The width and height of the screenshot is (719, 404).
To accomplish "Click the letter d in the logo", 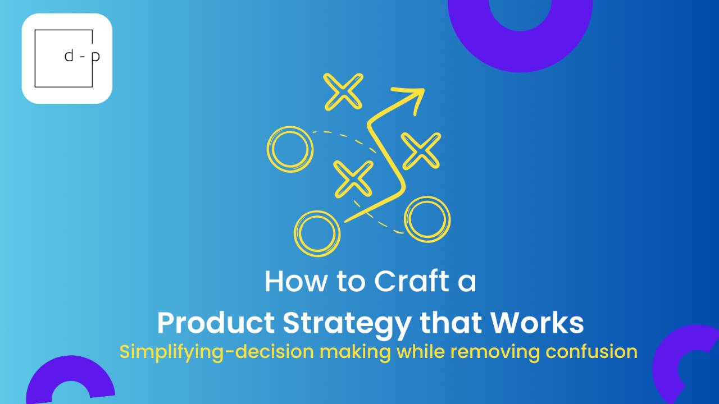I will click(70, 56).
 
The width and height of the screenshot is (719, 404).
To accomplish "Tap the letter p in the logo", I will click(95, 57).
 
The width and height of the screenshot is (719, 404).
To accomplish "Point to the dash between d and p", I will click(83, 57).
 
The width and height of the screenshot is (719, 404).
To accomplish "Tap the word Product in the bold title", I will click(216, 324).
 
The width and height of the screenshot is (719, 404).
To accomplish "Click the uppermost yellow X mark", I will click(344, 91).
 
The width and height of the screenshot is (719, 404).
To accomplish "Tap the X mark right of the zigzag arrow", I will click(421, 150).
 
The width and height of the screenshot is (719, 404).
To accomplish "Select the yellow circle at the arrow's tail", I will click(317, 232).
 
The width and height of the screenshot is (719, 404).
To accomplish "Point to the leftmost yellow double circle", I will click(290, 149).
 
